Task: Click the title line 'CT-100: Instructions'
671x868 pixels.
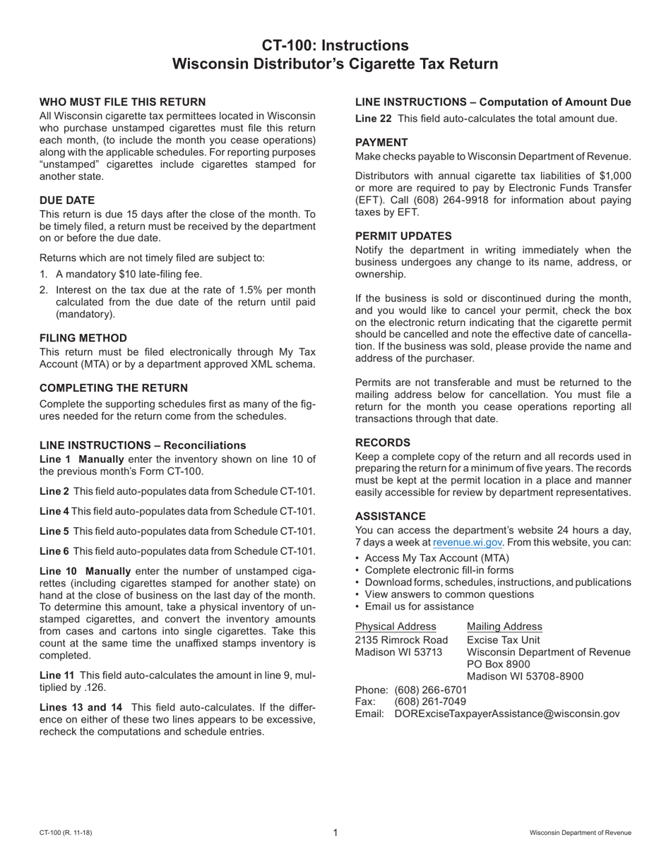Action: (335, 45)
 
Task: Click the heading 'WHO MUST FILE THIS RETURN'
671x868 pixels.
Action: (122, 102)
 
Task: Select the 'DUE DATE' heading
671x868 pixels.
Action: (66, 200)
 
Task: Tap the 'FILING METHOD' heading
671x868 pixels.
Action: (83, 338)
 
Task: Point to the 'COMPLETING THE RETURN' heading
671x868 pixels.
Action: (114, 388)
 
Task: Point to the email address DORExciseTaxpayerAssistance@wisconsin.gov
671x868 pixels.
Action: (506, 714)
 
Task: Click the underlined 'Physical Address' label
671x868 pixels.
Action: (395, 627)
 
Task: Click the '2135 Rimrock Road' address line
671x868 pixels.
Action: (401, 639)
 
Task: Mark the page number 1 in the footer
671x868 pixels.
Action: (335, 833)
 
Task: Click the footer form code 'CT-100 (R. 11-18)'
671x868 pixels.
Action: (66, 833)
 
